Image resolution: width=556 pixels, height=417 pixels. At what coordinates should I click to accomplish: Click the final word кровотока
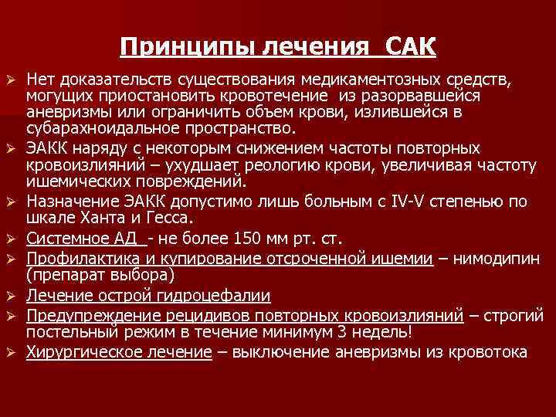[491, 352]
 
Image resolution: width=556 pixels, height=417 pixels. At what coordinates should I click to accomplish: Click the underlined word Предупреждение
[82, 314]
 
